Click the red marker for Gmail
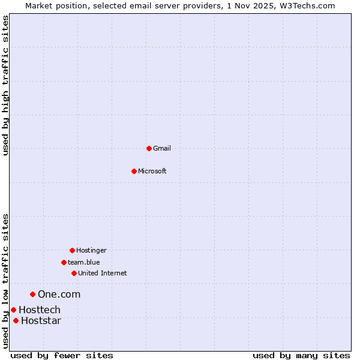point(149,148)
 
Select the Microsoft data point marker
point(134,171)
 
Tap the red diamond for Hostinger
point(72,250)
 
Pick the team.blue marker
point(64,262)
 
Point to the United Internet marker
point(74,273)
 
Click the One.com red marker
point(33,294)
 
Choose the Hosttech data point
point(13,310)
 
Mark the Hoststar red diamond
point(16,320)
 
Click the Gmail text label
point(162,148)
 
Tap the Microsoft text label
point(152,171)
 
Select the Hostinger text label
point(91,250)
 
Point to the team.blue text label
point(84,262)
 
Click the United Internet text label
point(103,273)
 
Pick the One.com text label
point(59,294)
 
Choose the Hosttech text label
point(40,310)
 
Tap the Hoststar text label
point(41,320)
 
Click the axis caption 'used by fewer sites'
point(62,355)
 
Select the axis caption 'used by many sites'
point(301,355)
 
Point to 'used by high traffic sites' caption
point(5,85)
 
